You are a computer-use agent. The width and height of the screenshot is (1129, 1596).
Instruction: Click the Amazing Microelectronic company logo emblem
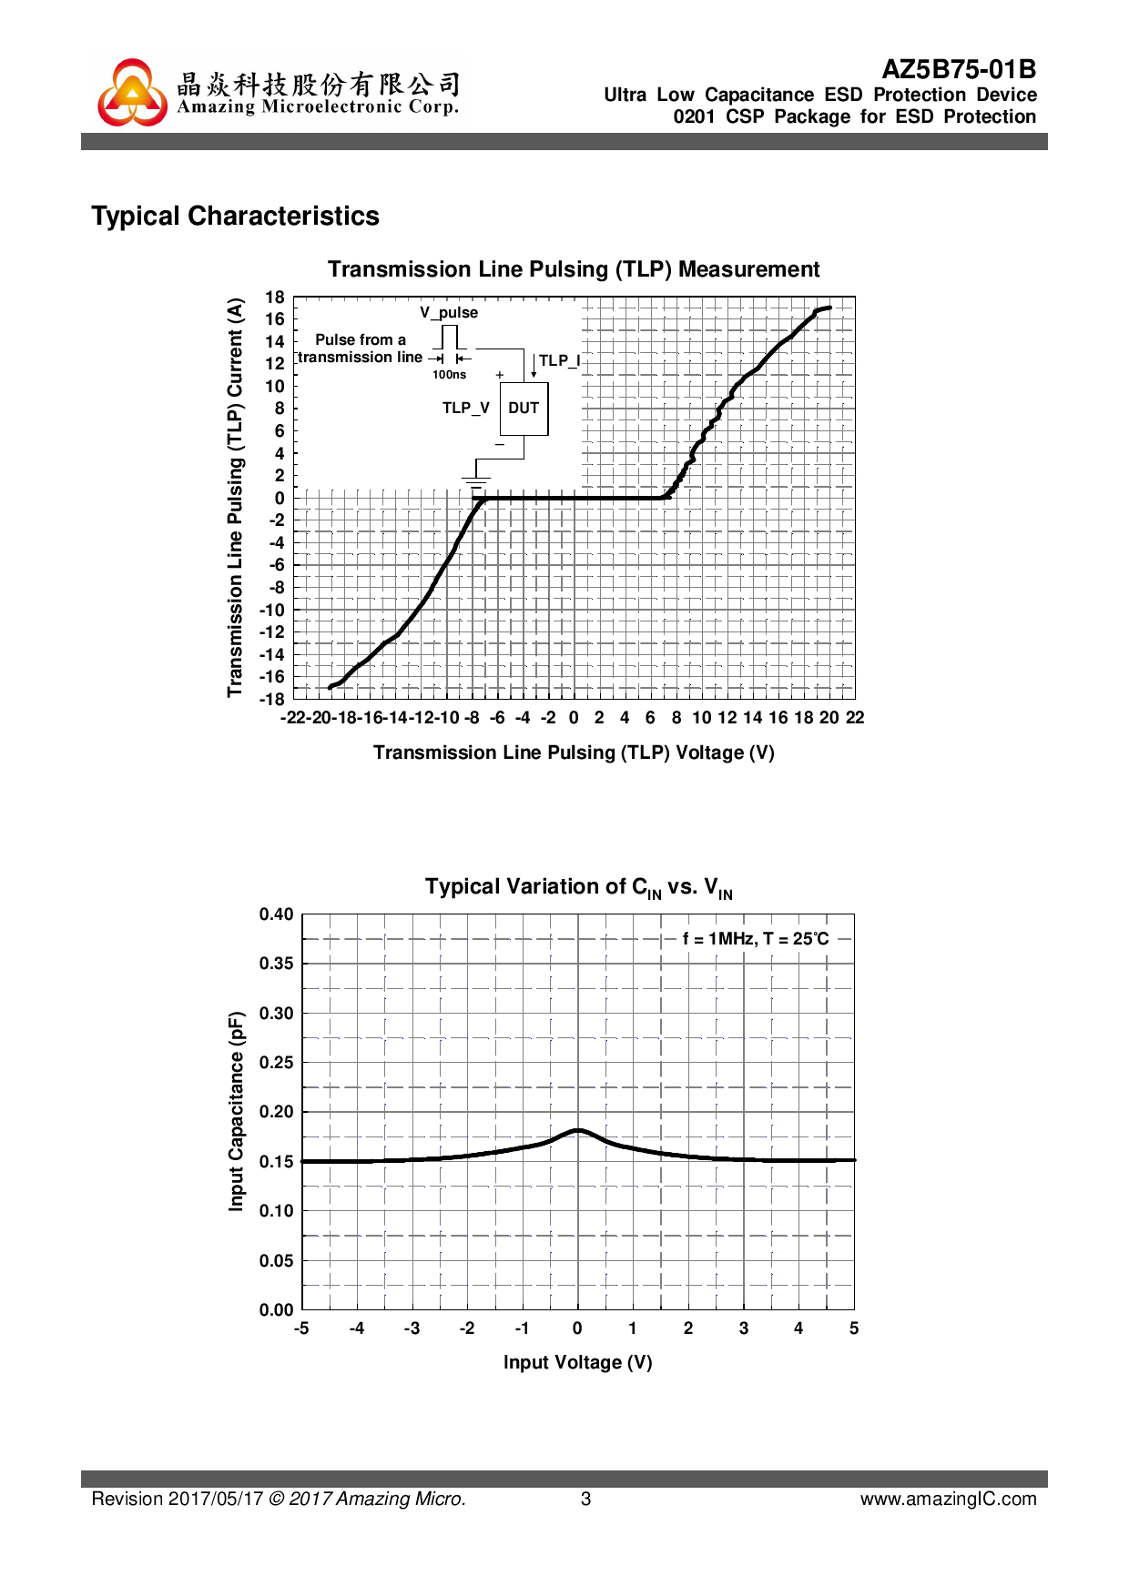[x=133, y=93]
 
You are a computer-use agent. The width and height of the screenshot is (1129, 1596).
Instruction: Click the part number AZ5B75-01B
[x=959, y=70]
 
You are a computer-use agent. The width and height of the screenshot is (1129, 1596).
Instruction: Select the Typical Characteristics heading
[x=235, y=217]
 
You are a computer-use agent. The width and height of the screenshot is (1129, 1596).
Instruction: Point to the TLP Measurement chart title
[x=574, y=269]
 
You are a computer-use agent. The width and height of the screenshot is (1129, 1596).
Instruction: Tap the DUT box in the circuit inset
[x=524, y=409]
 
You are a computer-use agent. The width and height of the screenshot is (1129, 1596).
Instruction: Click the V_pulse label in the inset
[x=448, y=313]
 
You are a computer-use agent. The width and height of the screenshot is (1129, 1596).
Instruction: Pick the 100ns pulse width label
[x=449, y=375]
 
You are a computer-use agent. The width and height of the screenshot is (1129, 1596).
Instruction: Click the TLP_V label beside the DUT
[x=465, y=409]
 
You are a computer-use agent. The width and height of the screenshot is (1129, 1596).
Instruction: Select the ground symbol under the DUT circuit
[x=475, y=480]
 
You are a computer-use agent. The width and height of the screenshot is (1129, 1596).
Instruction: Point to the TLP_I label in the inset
[x=559, y=361]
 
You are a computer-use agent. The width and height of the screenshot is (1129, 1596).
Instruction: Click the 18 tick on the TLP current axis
[x=275, y=298]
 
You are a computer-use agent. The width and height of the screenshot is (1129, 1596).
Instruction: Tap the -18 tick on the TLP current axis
[x=272, y=700]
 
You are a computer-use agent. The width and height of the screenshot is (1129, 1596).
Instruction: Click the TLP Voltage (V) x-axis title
[x=574, y=753]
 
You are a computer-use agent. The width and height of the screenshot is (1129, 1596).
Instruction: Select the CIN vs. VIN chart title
[x=578, y=888]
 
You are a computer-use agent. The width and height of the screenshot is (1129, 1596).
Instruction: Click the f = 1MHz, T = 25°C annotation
[x=756, y=939]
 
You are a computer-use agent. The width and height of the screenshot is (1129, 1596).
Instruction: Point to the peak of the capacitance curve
[x=578, y=1130]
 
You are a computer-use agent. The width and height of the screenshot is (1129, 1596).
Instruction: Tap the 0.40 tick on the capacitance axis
[x=276, y=914]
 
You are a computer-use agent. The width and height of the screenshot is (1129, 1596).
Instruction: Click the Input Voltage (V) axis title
[x=577, y=1362]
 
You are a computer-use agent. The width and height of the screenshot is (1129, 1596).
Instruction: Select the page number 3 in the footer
[x=585, y=1499]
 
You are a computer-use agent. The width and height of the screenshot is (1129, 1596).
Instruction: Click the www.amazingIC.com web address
[x=948, y=1499]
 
